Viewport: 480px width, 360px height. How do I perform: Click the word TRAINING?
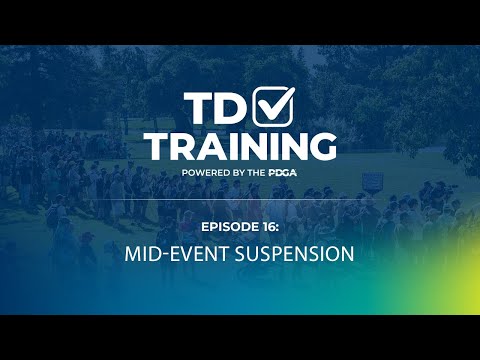click(x=240, y=145)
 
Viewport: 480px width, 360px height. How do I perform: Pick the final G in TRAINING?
click(x=320, y=145)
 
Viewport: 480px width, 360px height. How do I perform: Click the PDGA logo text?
click(x=283, y=173)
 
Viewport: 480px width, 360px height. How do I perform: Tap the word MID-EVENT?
click(x=167, y=254)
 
